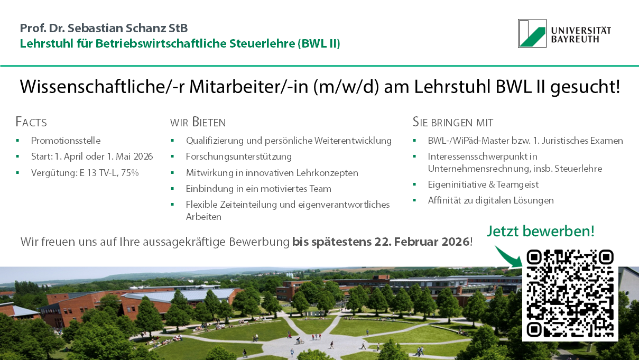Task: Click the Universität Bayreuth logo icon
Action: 532,33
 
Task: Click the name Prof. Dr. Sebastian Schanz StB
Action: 104,28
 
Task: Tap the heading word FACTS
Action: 31,122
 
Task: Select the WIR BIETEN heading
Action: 198,122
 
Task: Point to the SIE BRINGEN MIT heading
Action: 452,122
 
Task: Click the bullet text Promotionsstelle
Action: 66,141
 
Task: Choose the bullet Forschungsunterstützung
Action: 238,156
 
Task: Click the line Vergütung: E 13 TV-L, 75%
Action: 85,172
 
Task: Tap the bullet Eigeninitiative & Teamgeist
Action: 483,184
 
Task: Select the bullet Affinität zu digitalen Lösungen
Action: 490,200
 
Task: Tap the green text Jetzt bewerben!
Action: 540,231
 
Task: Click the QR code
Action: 570,293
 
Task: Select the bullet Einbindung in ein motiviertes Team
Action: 258,189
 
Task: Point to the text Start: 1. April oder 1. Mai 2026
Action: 92,156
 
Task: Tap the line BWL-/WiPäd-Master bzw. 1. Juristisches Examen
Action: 525,141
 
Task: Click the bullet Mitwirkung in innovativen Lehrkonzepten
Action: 272,173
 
